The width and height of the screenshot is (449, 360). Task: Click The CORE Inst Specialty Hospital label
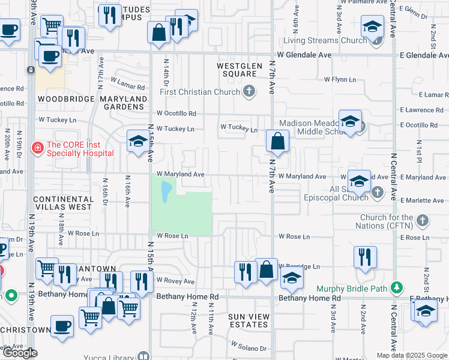pyautogui.click(x=80, y=148)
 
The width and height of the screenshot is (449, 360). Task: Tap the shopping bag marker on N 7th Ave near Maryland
pyautogui.click(x=278, y=142)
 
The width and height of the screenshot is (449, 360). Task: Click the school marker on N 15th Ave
pyautogui.click(x=138, y=142)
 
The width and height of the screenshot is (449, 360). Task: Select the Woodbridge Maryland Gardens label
pyautogui.click(x=92, y=103)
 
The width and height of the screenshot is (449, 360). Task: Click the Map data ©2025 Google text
pyautogui.click(x=412, y=355)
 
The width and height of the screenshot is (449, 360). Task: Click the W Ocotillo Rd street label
pyautogui.click(x=176, y=113)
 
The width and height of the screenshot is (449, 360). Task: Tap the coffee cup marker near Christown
pyautogui.click(x=61, y=326)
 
